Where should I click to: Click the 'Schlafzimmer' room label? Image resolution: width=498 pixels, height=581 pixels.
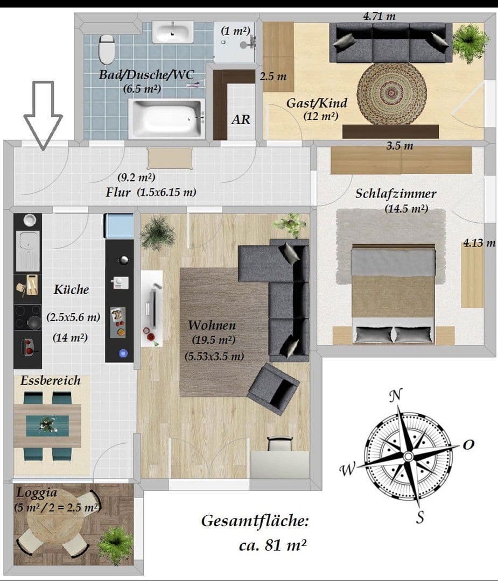tap(395, 194)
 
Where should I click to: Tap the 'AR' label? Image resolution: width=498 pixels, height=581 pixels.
tap(241, 119)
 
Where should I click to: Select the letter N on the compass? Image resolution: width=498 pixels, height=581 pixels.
tap(396, 395)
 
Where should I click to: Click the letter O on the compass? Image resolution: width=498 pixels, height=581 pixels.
tap(468, 444)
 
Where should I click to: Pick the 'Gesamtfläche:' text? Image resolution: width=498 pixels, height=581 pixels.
tap(255, 521)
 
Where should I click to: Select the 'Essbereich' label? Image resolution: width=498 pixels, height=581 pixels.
tap(51, 380)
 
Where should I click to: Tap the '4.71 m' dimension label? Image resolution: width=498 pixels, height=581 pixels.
tap(379, 16)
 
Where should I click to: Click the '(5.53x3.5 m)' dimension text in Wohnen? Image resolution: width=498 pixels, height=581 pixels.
tap(214, 356)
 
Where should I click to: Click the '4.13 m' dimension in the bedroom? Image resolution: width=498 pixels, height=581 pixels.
tap(479, 243)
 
